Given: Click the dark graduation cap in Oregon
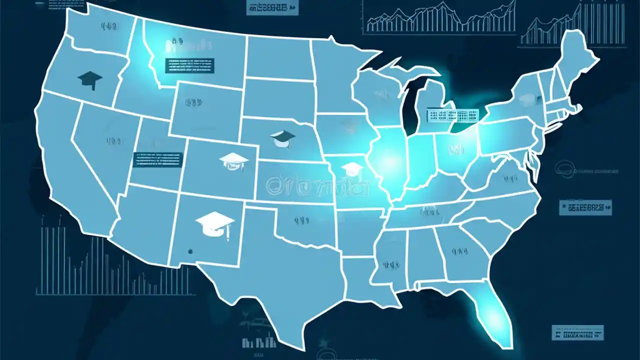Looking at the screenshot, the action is click(x=90, y=79).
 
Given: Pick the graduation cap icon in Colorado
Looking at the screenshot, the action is click(x=233, y=161).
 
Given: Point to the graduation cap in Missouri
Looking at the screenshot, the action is click(x=353, y=168).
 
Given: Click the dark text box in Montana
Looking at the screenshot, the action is click(x=189, y=65).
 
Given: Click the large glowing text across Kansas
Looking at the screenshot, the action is click(x=318, y=186).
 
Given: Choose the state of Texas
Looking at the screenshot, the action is click(x=280, y=270).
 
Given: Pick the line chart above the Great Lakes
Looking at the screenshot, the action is click(x=440, y=17).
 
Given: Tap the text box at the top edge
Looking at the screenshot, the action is click(x=272, y=7).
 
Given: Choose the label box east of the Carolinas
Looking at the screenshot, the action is click(x=585, y=207).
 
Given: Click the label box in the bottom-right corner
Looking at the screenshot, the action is click(x=577, y=332).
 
